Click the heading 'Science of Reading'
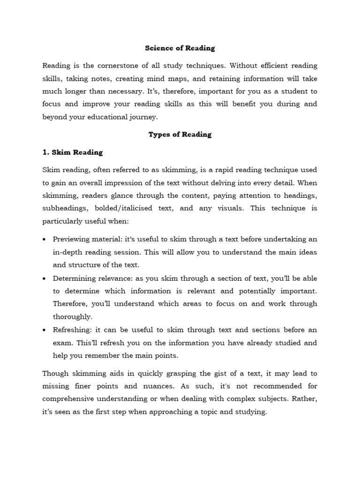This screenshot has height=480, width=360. pos(180,48)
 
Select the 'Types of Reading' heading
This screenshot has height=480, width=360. pos(180,135)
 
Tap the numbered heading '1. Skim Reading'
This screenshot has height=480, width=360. pos(73,152)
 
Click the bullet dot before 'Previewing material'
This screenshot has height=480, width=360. pos(45,239)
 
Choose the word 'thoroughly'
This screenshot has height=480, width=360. pos(72,317)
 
